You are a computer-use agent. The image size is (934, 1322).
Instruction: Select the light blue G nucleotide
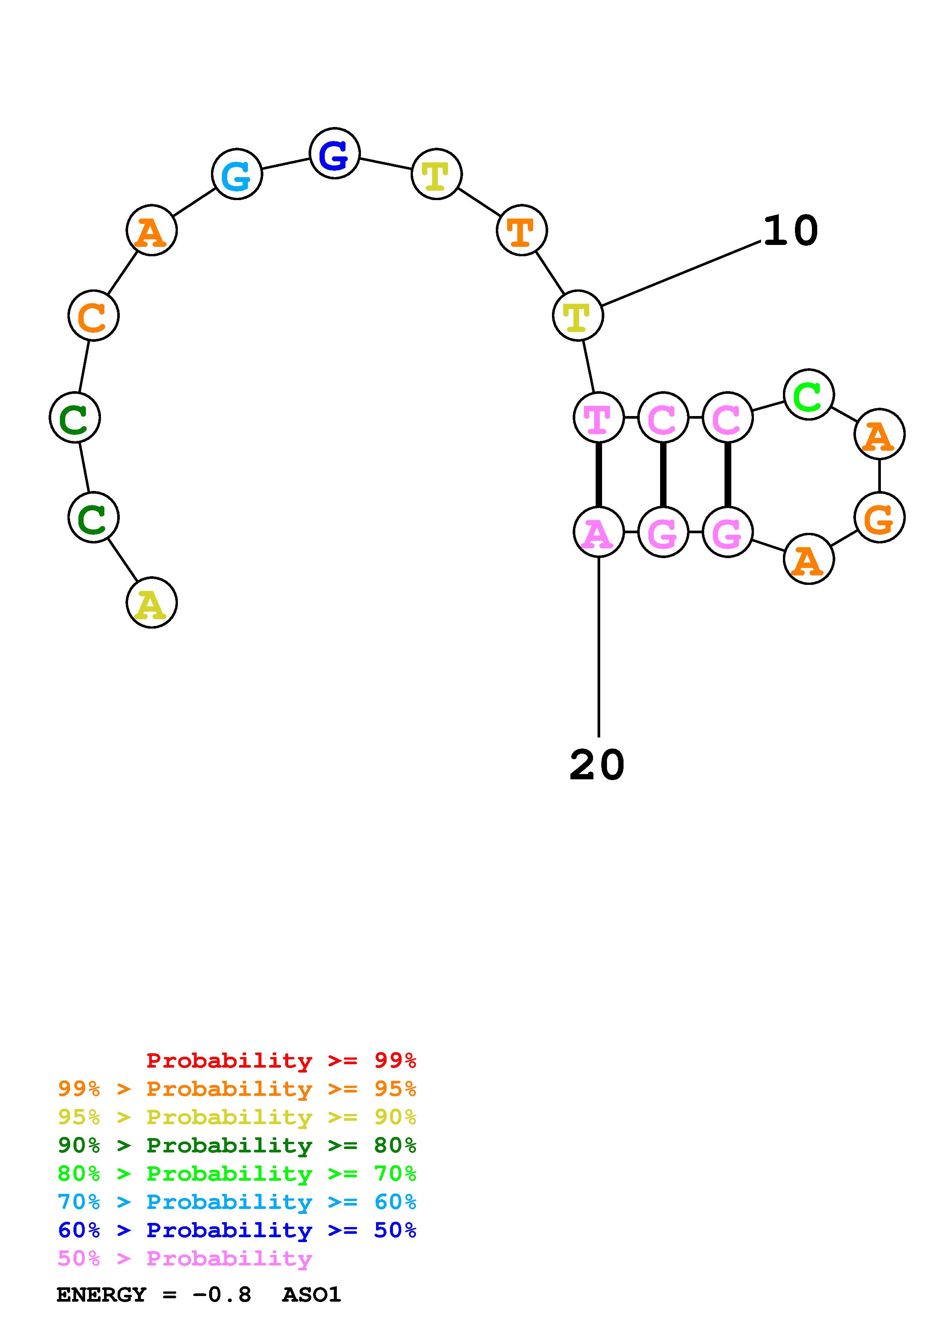click(x=237, y=174)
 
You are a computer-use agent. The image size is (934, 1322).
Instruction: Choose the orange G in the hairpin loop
click(x=879, y=518)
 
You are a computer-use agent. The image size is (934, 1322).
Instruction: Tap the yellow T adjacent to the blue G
click(x=436, y=174)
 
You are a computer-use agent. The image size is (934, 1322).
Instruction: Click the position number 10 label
click(x=790, y=231)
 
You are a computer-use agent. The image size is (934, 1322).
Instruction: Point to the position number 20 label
click(x=597, y=765)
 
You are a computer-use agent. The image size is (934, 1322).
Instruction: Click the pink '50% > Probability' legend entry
click(x=185, y=1259)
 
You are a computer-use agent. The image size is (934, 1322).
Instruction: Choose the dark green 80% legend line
click(x=237, y=1145)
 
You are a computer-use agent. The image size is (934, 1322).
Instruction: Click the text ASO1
click(x=311, y=1295)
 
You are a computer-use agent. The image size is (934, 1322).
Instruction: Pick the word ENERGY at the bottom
click(x=101, y=1295)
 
